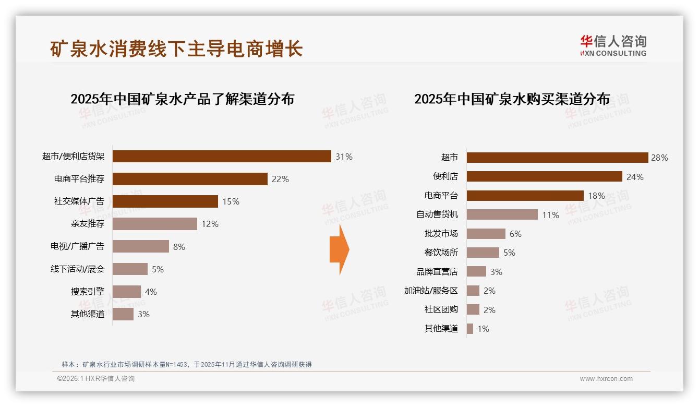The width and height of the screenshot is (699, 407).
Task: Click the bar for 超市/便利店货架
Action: [x=222, y=157]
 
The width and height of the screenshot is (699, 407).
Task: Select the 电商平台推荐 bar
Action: [x=190, y=179]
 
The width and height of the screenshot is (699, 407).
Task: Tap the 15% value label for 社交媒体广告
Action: [x=231, y=201]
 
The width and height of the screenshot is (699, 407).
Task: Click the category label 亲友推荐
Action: [x=87, y=224]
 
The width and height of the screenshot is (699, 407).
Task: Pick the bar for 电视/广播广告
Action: [x=141, y=246]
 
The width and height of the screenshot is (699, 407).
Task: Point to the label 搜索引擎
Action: [x=87, y=291]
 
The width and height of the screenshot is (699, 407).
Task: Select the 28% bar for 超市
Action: [x=557, y=158]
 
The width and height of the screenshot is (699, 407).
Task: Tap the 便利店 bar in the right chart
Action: [x=544, y=176]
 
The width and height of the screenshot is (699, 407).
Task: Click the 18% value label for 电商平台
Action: [x=596, y=196]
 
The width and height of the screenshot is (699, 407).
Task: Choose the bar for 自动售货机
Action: [x=502, y=214]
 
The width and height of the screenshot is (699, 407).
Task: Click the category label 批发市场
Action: [x=441, y=234]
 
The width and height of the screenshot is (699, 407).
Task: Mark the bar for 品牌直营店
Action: [x=476, y=272]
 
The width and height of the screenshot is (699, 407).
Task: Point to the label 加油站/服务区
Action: [x=430, y=291]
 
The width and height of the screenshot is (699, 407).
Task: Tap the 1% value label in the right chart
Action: [x=483, y=329]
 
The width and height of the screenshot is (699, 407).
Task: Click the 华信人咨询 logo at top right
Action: [x=613, y=45]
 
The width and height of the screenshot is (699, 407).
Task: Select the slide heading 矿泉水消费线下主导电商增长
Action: [x=176, y=49]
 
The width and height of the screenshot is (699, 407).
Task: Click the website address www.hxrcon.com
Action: [x=606, y=379]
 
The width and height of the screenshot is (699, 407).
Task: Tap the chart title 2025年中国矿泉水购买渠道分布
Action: [x=512, y=99]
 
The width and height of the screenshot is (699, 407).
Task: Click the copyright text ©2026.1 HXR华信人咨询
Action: [x=96, y=379]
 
